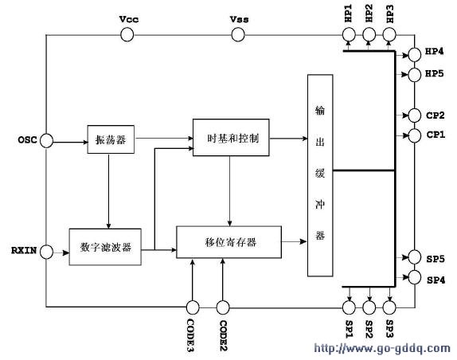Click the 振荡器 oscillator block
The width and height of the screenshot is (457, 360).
pyautogui.click(x=111, y=139)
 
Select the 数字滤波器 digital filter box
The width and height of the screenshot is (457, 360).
pyautogui.click(x=105, y=247)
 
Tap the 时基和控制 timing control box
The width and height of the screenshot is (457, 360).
pyautogui.click(x=231, y=137)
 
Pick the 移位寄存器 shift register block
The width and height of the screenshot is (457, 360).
pyautogui.click(x=229, y=242)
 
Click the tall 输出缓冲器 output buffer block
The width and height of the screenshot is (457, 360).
pyautogui.click(x=320, y=175)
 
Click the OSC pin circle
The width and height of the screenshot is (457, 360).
pyautogui.click(x=46, y=141)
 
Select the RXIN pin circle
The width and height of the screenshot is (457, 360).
pyautogui.click(x=46, y=252)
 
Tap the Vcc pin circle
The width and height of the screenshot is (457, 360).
pyautogui.click(x=127, y=35)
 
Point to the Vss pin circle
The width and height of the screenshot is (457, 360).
pyautogui.click(x=238, y=35)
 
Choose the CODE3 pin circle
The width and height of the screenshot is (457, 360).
pyautogui.click(x=193, y=307)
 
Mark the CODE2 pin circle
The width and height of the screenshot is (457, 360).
pyautogui.click(x=223, y=307)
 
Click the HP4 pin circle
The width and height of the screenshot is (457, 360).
pyautogui.click(x=415, y=55)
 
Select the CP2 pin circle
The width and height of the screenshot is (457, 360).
pyautogui.click(x=415, y=115)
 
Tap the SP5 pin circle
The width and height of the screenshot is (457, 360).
pyautogui.click(x=415, y=257)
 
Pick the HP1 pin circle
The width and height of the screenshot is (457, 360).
pyautogui.click(x=349, y=35)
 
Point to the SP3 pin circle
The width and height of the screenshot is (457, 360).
pyautogui.click(x=389, y=307)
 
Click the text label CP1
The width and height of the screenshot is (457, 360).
pyautogui.click(x=436, y=135)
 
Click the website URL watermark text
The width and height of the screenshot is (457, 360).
pyautogui.click(x=382, y=348)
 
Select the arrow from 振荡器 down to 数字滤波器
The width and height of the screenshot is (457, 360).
pyautogui.click(x=109, y=191)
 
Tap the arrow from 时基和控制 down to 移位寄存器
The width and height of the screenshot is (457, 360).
pyautogui.click(x=229, y=191)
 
